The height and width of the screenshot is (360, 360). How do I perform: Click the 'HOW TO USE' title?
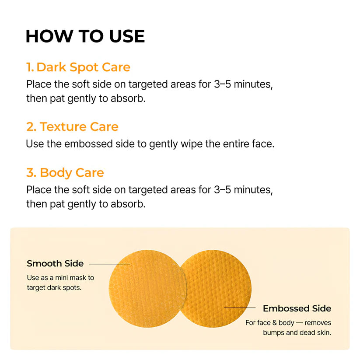pos(85,36)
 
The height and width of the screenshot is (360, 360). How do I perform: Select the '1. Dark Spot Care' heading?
pos(78,67)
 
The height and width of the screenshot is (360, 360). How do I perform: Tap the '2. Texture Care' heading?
pos(72,127)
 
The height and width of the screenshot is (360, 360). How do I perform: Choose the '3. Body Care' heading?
pos(65,172)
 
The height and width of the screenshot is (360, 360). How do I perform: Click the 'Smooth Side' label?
pos(55,263)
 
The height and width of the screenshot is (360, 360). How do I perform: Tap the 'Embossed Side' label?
pos(297,308)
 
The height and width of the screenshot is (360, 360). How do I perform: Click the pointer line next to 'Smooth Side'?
pos(109,264)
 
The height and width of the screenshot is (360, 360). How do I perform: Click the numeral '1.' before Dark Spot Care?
pos(30,67)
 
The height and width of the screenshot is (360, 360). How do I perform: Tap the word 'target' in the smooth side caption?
pos(36,288)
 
